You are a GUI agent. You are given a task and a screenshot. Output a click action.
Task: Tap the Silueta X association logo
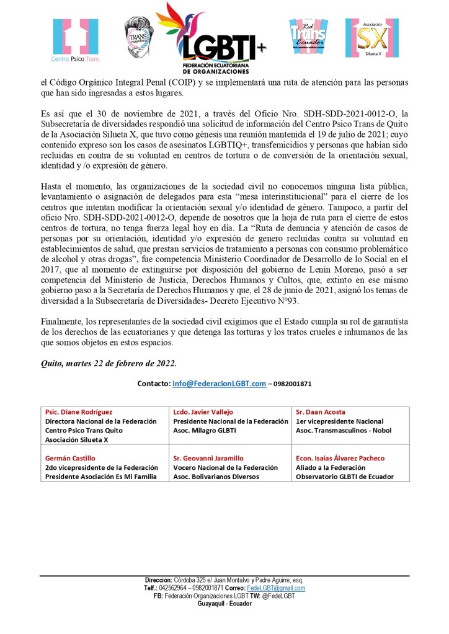[371, 38]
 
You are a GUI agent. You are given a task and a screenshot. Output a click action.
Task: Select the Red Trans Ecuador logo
[309, 37]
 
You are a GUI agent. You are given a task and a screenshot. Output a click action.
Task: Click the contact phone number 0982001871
[291, 384]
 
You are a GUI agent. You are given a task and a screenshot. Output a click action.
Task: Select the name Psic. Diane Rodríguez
[79, 412]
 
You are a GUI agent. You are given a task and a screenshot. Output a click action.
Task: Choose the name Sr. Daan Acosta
[321, 412]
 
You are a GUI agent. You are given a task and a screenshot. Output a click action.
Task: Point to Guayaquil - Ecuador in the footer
[225, 604]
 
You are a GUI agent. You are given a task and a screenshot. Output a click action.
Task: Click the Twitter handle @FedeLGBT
[280, 596]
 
